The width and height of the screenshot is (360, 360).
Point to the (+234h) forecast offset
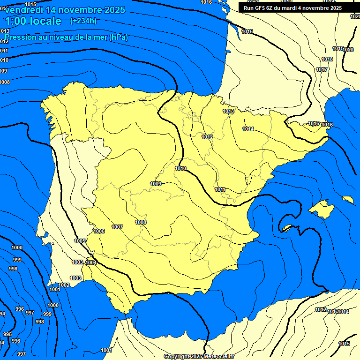[83, 21]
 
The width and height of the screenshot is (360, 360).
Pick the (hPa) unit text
[118, 37]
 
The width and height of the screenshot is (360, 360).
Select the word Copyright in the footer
[177, 356]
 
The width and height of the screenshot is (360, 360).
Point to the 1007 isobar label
[117, 227]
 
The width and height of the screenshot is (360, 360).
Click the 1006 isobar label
[99, 231]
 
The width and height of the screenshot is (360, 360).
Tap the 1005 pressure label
[80, 241]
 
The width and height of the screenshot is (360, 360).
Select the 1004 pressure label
[91, 262]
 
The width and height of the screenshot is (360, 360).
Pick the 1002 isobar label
[64, 285]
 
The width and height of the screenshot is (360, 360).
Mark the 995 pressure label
[7, 334]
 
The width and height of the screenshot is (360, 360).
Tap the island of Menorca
[347, 199]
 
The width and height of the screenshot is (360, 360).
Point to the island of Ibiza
[287, 228]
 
